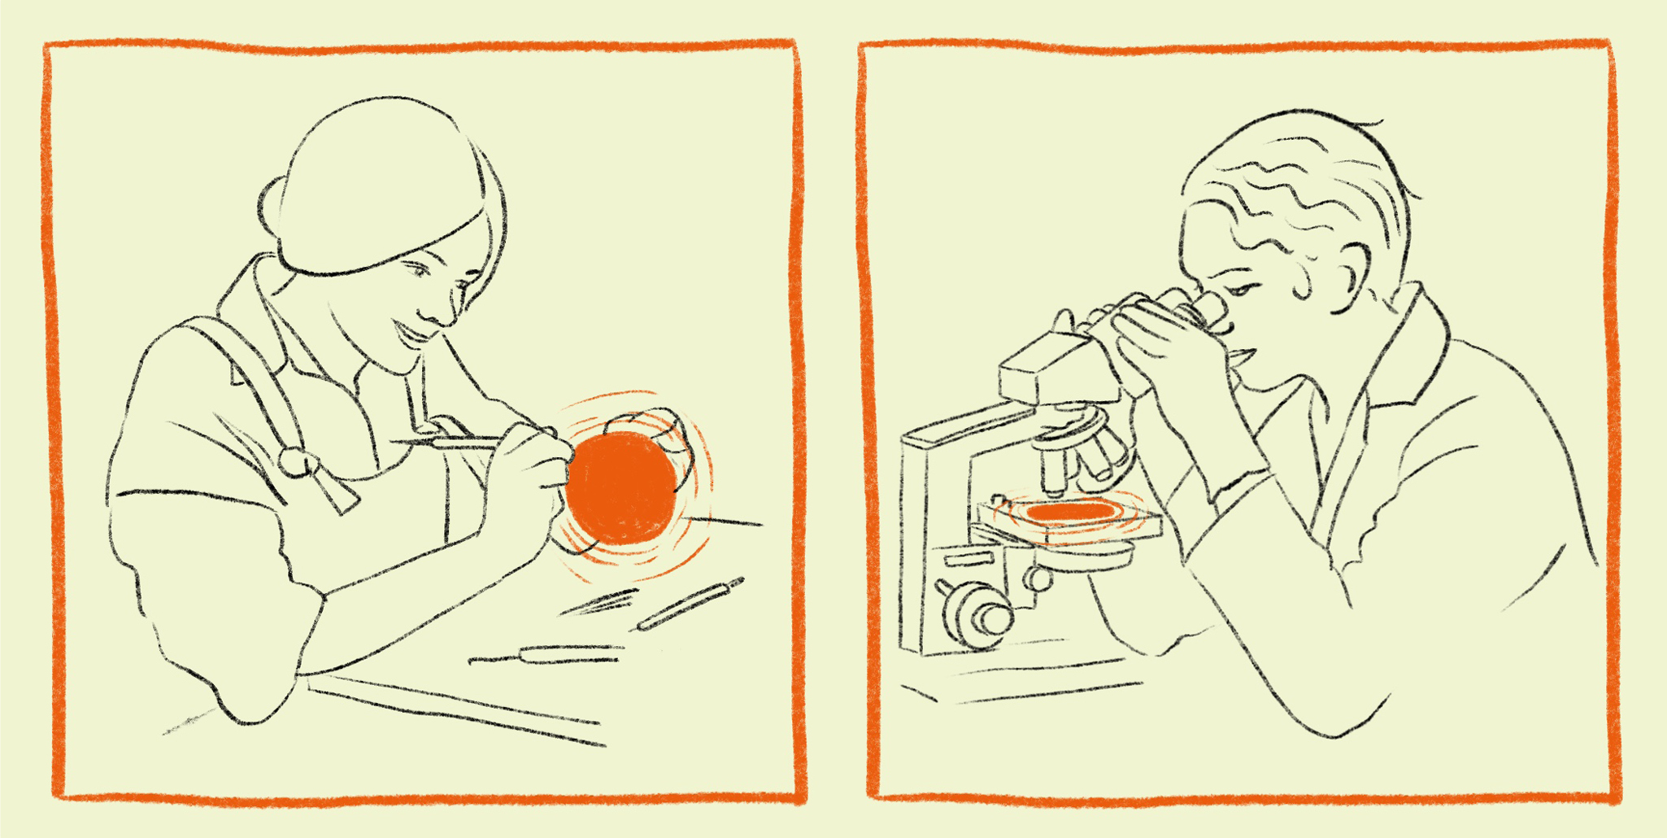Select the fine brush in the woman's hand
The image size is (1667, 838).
pyautogui.click(x=455, y=442)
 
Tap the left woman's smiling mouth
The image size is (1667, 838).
pyautogui.click(x=413, y=332)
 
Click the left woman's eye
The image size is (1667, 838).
pyautogui.click(x=418, y=269)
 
